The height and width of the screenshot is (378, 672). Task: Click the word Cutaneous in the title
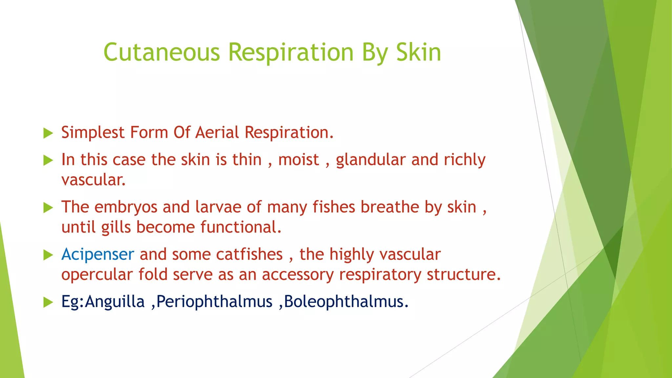click(x=161, y=52)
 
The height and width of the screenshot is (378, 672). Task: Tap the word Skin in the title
click(x=418, y=52)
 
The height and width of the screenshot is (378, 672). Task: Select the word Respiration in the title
click(x=291, y=52)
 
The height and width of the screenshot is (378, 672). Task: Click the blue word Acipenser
click(x=98, y=255)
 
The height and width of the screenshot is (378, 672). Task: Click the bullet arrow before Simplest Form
click(x=48, y=133)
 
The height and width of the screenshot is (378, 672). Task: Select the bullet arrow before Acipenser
click(x=48, y=255)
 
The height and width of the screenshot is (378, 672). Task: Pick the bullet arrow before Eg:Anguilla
click(x=48, y=302)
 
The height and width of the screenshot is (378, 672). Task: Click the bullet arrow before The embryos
click(x=48, y=208)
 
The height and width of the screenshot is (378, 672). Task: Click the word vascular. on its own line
click(x=94, y=180)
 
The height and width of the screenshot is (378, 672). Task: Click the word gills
click(x=116, y=227)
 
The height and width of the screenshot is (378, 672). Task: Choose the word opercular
click(x=97, y=275)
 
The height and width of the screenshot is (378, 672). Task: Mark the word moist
click(x=299, y=160)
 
